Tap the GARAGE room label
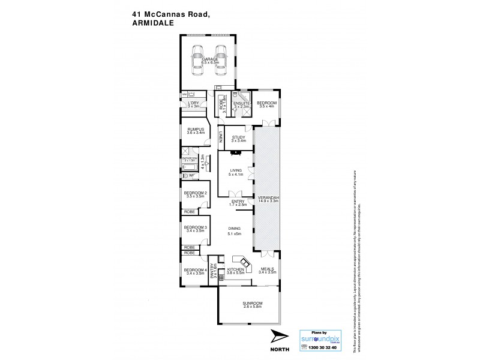[209, 59]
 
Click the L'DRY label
[193, 104]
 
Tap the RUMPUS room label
[196, 130]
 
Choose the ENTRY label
[238, 202]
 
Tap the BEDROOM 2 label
[196, 193]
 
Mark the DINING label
[234, 228]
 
